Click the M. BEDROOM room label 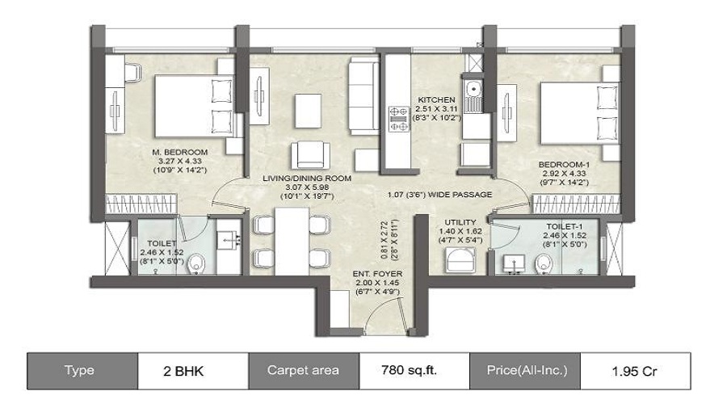pyautogui.click(x=180, y=152)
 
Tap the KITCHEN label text pyautogui.click(x=436, y=99)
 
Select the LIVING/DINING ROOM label pyautogui.click(x=307, y=178)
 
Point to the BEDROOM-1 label pyautogui.click(x=564, y=165)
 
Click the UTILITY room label pyautogui.click(x=460, y=222)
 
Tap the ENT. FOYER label pyautogui.click(x=377, y=274)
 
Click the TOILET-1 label pyautogui.click(x=565, y=226)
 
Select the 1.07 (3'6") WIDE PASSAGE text pyautogui.click(x=439, y=195)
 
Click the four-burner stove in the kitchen pyautogui.click(x=399, y=118)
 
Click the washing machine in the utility pyautogui.click(x=460, y=260)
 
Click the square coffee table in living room pyautogui.click(x=308, y=111)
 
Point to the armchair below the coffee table pyautogui.click(x=311, y=156)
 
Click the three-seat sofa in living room pyautogui.click(x=363, y=96)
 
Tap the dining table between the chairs pyautogui.click(x=292, y=242)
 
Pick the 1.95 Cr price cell pyautogui.click(x=635, y=371)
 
